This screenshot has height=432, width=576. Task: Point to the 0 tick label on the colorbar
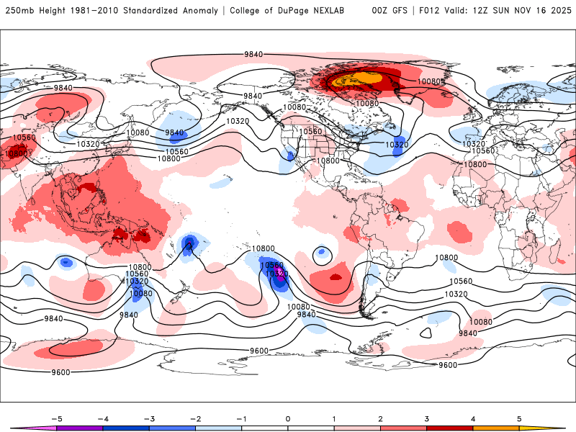pos(288,418)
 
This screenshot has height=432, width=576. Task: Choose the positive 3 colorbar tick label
pos(427,418)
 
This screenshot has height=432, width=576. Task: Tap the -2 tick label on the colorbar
pos(195,418)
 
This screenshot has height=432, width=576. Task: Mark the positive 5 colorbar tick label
pos(519,418)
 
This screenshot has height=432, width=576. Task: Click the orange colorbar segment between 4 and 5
pos(496,428)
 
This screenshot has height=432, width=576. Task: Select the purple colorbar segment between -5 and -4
pos(80,428)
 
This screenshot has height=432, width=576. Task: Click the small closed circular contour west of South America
pos(320,253)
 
